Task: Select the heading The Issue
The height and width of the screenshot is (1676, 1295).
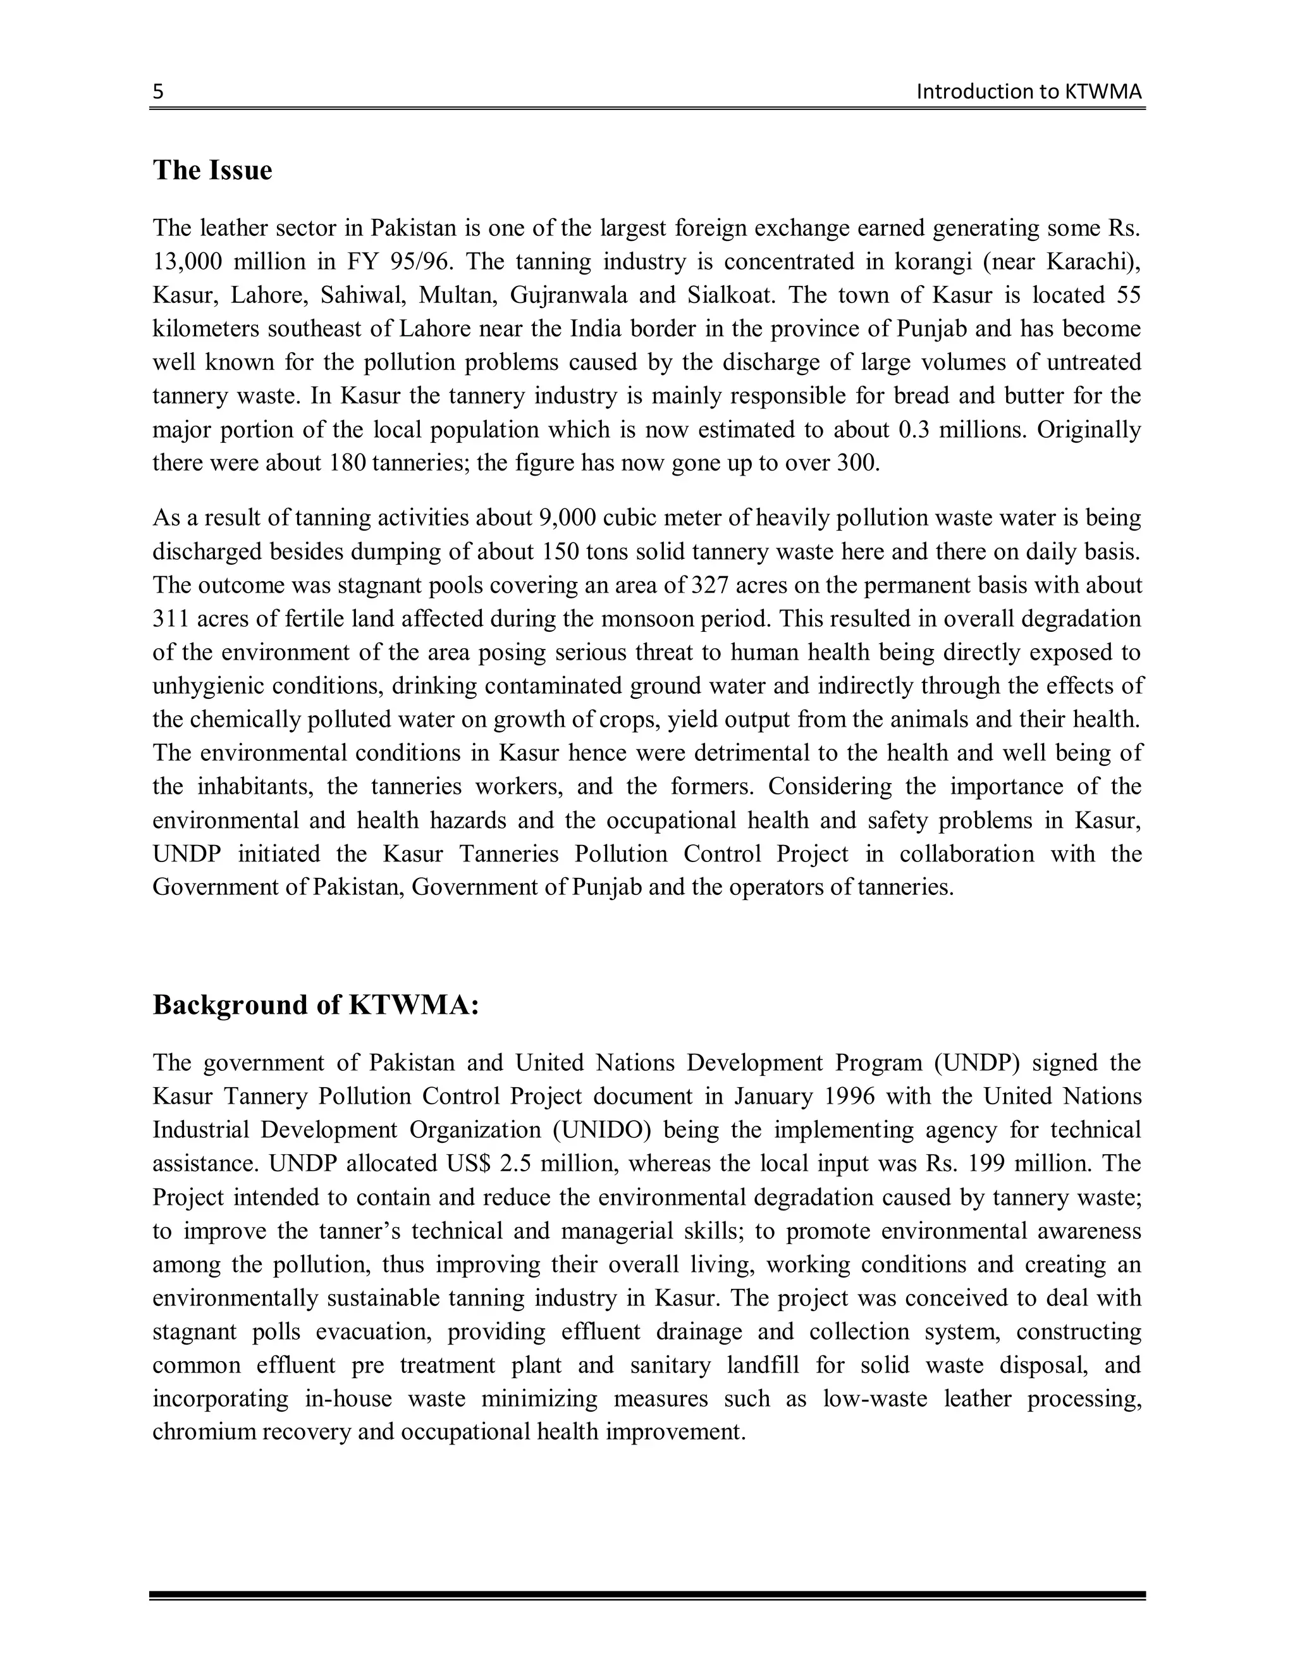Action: pyautogui.click(x=212, y=170)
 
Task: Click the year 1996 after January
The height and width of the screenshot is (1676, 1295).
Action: pyautogui.click(x=849, y=1097)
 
